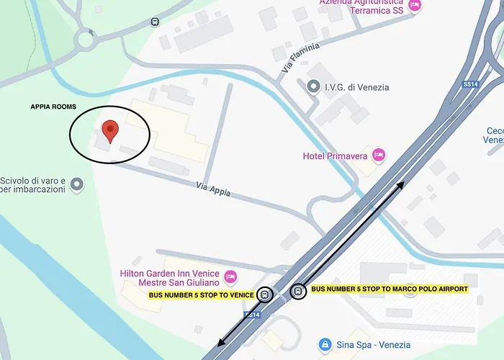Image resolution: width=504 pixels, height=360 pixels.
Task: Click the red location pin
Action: pos(109,131)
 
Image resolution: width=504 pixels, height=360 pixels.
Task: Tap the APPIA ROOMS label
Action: pos(53,107)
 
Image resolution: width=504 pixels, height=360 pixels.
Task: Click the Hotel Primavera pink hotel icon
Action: pos(379,155)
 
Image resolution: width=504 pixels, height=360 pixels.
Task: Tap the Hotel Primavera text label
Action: pos(335,156)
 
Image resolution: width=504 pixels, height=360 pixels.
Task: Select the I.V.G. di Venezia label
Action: pos(356,87)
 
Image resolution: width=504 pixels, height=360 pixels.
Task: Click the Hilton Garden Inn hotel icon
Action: pos(230,275)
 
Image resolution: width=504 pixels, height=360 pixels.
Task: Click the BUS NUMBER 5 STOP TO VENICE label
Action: pos(202,295)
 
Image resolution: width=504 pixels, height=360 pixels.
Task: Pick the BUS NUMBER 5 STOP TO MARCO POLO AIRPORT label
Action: pos(389,289)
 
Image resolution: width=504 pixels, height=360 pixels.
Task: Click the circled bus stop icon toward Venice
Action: pos(266,294)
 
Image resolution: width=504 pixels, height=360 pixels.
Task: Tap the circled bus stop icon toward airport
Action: pos(297,291)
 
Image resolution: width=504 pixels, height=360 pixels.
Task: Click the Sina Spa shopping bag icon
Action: pos(325,344)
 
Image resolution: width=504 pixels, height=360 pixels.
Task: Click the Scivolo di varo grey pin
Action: pos(76,186)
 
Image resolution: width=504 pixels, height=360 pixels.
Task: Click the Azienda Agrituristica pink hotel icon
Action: pos(414,6)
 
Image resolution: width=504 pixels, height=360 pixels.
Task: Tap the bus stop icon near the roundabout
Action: pos(155,22)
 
